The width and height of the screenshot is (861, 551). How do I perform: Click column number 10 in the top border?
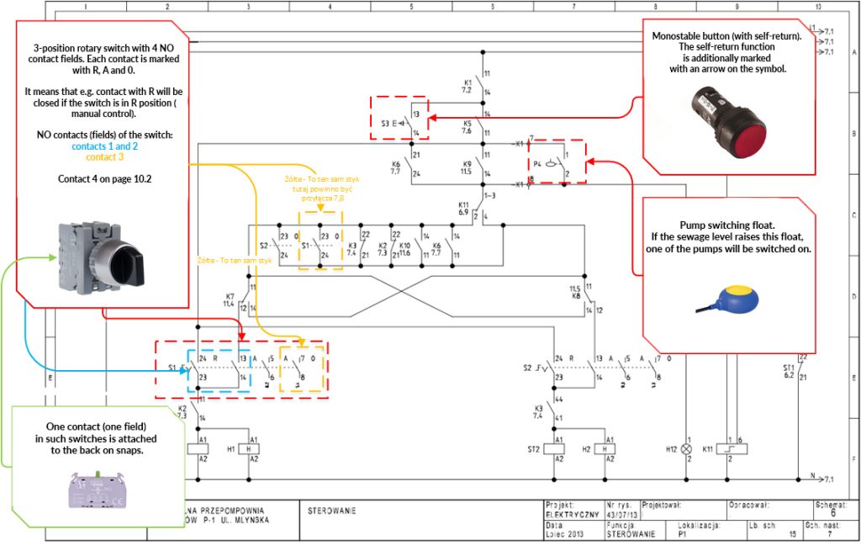[816, 7]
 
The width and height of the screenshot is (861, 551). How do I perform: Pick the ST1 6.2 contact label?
[789, 372]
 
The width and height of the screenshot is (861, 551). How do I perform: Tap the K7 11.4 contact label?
[230, 299]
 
